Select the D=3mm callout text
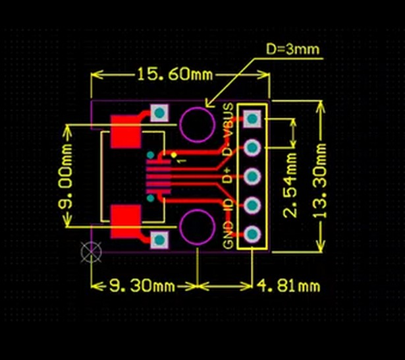point(293,49)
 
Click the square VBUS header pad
point(252,119)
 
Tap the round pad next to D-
point(252,148)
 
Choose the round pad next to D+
point(252,177)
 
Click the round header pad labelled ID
point(252,205)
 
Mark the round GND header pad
point(252,233)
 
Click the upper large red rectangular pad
point(125,132)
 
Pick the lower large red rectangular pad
point(125,221)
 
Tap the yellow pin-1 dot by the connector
point(174,154)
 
